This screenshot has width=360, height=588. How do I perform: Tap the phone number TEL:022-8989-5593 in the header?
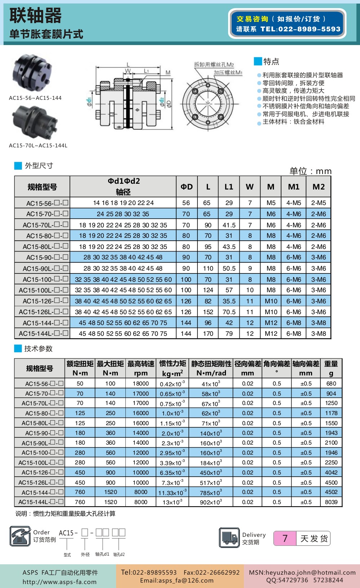click(x=301, y=29)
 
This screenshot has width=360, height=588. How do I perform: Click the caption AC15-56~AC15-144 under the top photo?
click(x=35, y=98)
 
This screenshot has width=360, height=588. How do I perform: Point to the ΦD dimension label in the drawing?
click(x=169, y=104)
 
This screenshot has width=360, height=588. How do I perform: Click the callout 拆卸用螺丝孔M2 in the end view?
click(x=214, y=64)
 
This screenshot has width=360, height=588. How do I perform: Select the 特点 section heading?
click(x=271, y=61)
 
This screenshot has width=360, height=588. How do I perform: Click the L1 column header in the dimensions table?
click(x=229, y=187)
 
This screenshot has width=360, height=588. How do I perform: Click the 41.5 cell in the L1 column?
click(x=229, y=225)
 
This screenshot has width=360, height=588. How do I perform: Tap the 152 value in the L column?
click(x=208, y=312)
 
